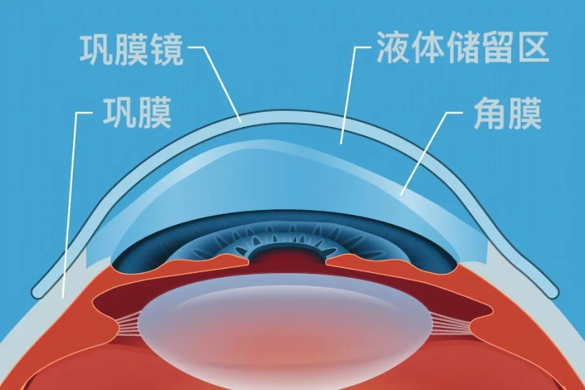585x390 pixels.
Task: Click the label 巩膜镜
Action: (132, 50)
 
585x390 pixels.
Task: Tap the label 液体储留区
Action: (463, 47)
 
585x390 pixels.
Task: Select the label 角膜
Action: (508, 113)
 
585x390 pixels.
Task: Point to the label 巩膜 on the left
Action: (137, 113)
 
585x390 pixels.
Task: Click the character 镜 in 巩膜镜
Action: (166, 50)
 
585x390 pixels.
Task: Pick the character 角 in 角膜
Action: (490, 113)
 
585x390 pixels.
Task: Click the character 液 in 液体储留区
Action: (393, 47)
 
